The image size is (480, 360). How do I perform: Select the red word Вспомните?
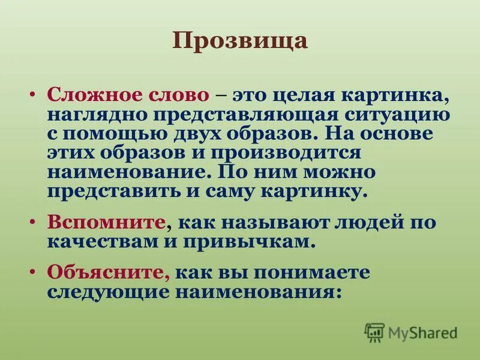[x=107, y=223]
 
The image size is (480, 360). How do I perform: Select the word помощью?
[x=115, y=134]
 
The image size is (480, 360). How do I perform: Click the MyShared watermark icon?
[x=374, y=332]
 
